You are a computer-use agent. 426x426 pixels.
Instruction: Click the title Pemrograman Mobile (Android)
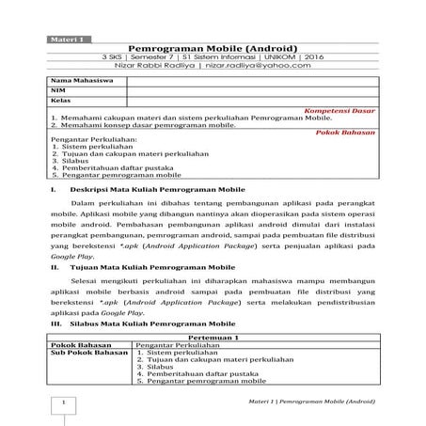213,48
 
